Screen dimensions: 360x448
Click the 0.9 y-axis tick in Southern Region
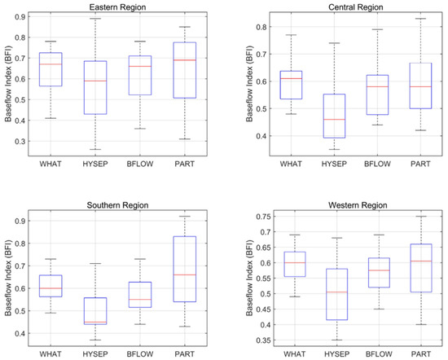(23, 221)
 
